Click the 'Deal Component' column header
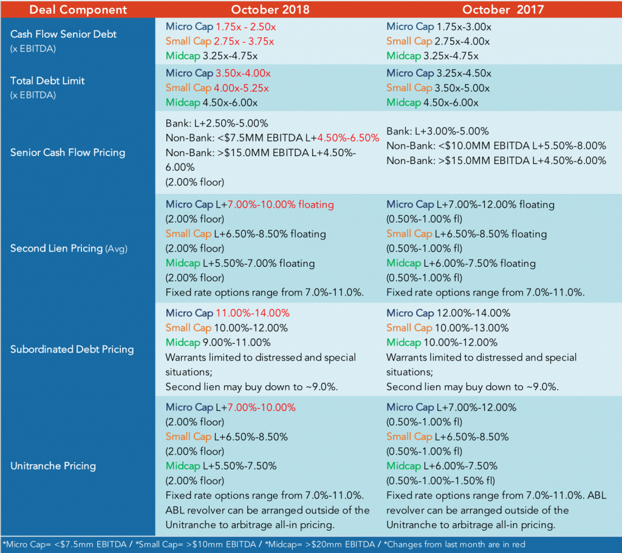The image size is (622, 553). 78,9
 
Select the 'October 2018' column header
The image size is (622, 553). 270,9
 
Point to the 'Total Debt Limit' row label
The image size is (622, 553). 47,81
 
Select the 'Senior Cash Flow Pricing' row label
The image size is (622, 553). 67,152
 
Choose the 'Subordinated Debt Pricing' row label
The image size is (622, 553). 72,349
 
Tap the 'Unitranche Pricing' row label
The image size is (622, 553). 53,466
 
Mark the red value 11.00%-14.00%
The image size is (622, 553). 253,313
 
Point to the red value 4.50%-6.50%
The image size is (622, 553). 348,137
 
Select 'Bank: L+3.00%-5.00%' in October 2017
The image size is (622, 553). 438,131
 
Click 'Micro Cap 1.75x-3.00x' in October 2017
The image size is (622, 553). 438,27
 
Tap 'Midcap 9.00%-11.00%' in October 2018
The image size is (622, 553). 218,342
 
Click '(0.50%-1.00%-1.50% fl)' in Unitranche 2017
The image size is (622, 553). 443,480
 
